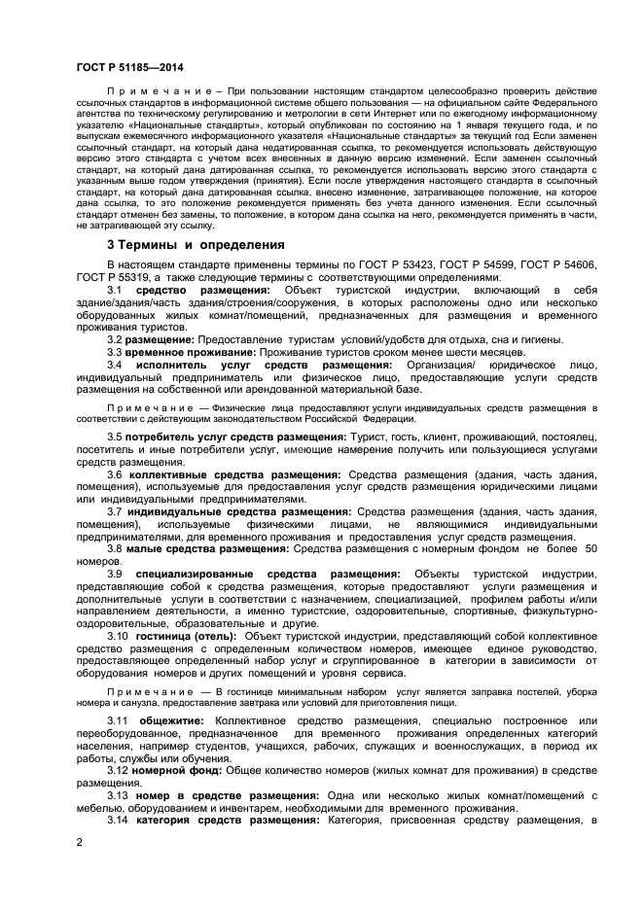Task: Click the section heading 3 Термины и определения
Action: click(x=196, y=244)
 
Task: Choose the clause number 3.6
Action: click(x=115, y=473)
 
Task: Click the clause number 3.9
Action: click(x=115, y=574)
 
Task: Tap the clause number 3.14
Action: click(x=118, y=820)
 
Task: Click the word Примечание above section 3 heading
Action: click(x=154, y=90)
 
